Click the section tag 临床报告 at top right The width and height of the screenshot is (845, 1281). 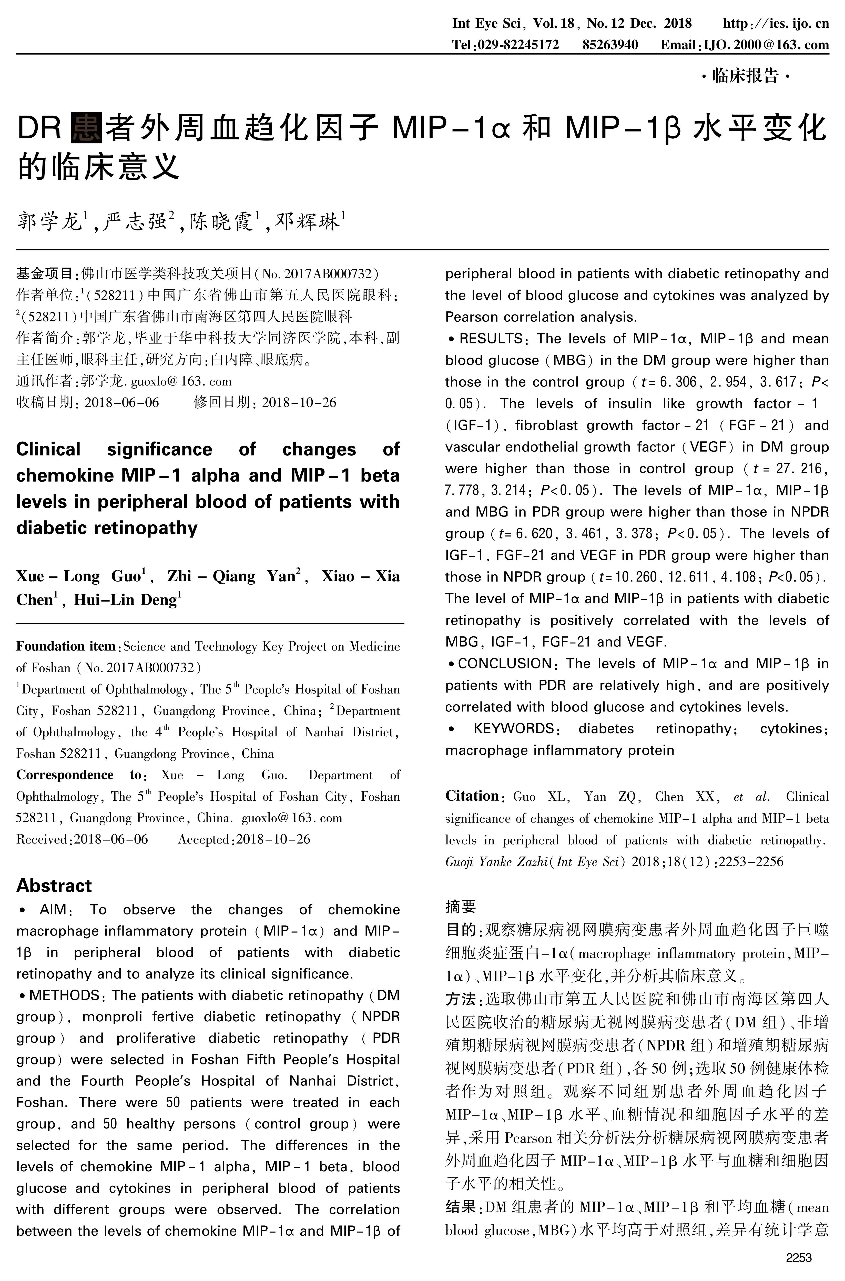[745, 76]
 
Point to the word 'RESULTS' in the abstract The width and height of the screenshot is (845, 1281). [490, 338]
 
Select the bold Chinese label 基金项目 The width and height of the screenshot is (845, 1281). [44, 274]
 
